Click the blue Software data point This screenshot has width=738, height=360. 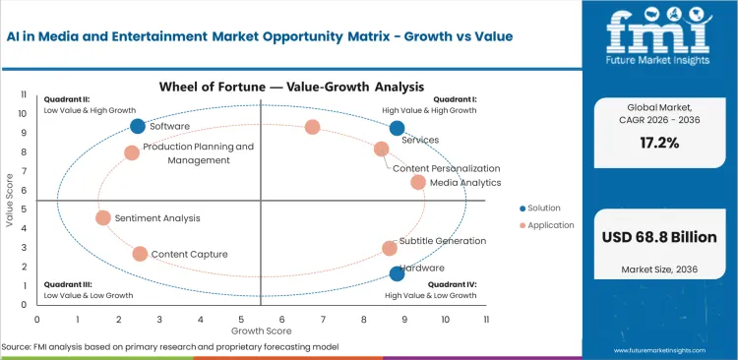(138, 126)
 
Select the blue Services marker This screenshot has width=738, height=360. (397, 128)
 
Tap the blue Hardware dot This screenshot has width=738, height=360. (397, 273)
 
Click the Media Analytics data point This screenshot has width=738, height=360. (418, 182)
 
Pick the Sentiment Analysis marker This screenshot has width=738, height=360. (103, 217)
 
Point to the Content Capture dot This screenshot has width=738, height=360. (140, 254)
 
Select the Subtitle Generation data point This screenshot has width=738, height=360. (390, 248)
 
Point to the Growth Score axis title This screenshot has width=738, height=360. (261, 332)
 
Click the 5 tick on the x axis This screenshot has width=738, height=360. (241, 320)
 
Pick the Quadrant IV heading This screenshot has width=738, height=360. (454, 285)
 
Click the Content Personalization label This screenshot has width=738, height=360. (446, 168)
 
